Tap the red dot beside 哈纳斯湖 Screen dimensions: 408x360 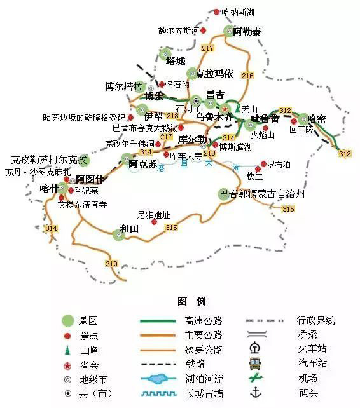coord(216,12)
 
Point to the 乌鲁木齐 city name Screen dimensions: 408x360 coord(214,118)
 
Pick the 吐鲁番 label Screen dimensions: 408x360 coord(265,119)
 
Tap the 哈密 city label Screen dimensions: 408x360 coord(316,119)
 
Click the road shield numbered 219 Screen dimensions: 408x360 coord(112,264)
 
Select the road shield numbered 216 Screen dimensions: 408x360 coord(247,76)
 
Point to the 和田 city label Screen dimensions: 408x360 coord(132,229)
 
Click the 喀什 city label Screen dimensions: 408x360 coord(49,189)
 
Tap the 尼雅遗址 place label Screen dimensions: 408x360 coord(153,215)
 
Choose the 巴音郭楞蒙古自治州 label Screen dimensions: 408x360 coord(262,193)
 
